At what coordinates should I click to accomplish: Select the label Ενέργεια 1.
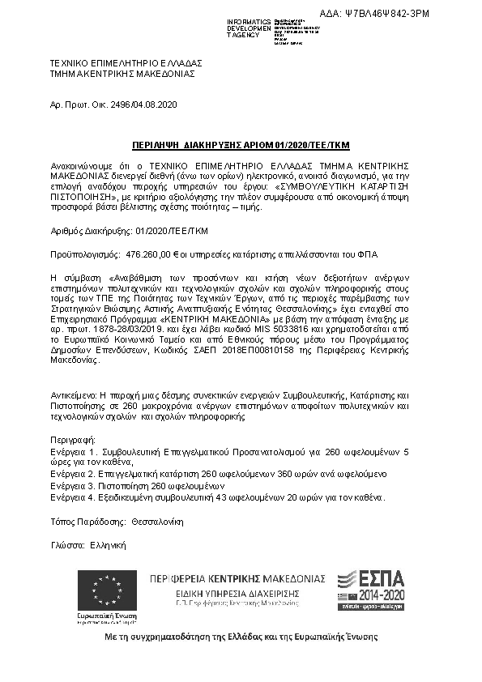point(72,449)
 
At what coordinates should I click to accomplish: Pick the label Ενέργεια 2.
point(72,472)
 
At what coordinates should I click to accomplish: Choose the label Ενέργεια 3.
point(72,484)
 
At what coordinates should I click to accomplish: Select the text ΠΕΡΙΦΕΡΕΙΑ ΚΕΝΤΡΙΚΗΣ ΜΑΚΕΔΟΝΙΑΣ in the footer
point(237,580)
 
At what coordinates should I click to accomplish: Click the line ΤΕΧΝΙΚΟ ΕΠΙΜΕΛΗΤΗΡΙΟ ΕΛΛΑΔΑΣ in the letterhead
point(126,62)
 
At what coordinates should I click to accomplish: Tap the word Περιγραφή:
point(72,437)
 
